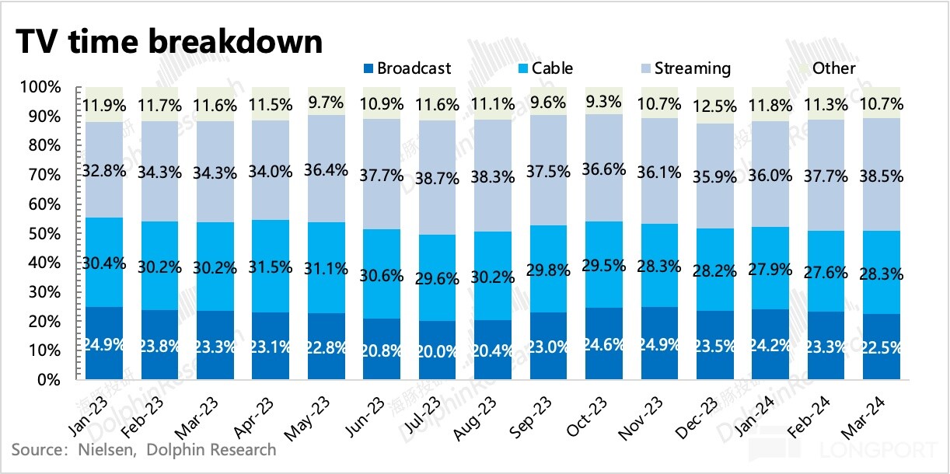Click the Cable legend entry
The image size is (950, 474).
[x=546, y=68]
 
